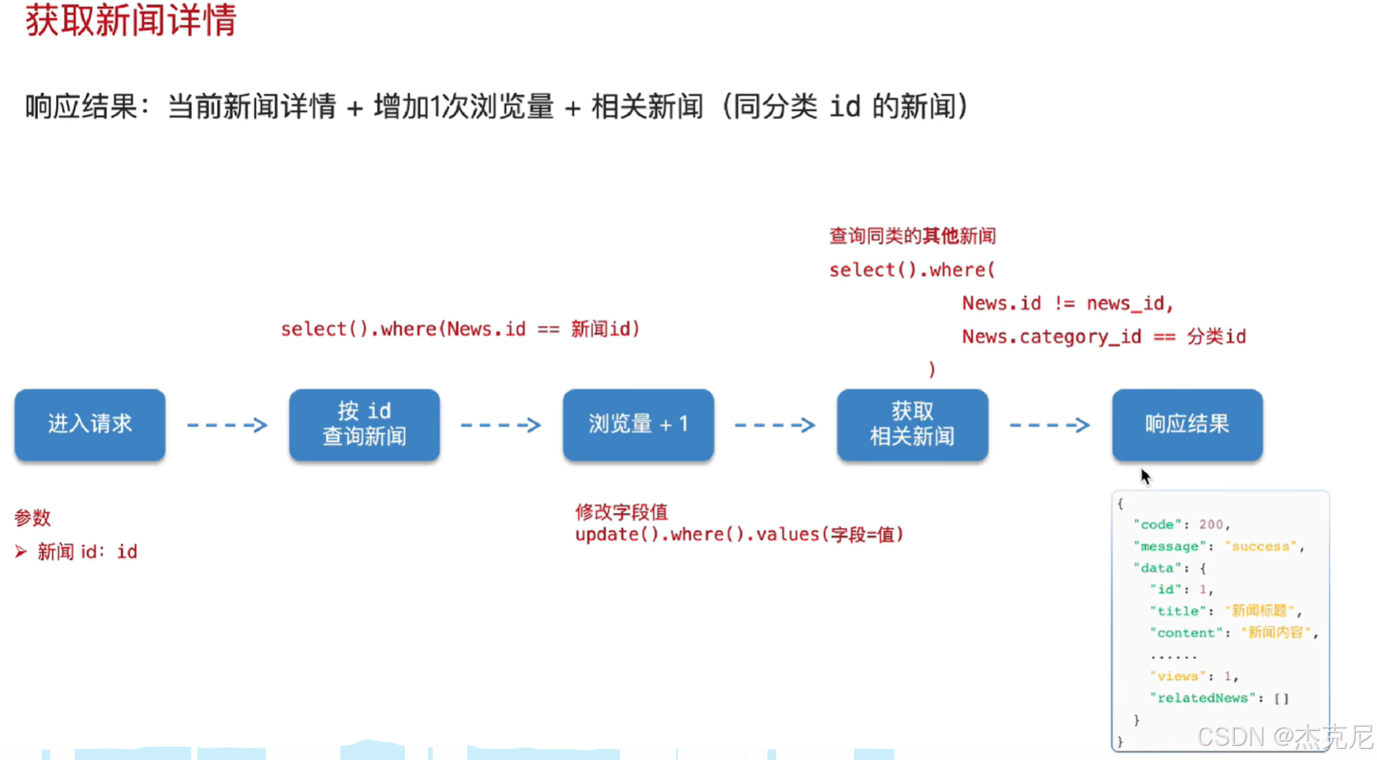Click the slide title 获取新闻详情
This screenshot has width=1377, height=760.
131,21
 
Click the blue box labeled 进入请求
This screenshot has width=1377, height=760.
90,425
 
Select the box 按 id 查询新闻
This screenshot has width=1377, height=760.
364,425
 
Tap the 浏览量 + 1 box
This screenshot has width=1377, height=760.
638,425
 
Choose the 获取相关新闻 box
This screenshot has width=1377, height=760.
913,425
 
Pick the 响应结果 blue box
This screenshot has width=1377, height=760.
1188,425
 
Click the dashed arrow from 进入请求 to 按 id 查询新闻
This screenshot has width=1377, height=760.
227,425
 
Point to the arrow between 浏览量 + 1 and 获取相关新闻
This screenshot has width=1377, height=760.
775,425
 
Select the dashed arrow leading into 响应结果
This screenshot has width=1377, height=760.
1050,425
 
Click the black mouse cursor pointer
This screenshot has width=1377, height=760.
1145,476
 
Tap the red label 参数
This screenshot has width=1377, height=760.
32,518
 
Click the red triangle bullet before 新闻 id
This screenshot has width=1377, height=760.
21,552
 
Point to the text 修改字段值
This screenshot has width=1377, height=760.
621,512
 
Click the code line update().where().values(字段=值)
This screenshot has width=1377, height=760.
739,534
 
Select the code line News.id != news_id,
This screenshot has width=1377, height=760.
1067,303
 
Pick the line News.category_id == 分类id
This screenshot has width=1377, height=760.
1104,336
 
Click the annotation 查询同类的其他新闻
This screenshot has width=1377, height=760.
913,236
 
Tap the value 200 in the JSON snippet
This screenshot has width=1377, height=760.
1210,524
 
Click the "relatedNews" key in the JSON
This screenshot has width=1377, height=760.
1203,698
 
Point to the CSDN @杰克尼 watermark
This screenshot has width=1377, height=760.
1285,736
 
